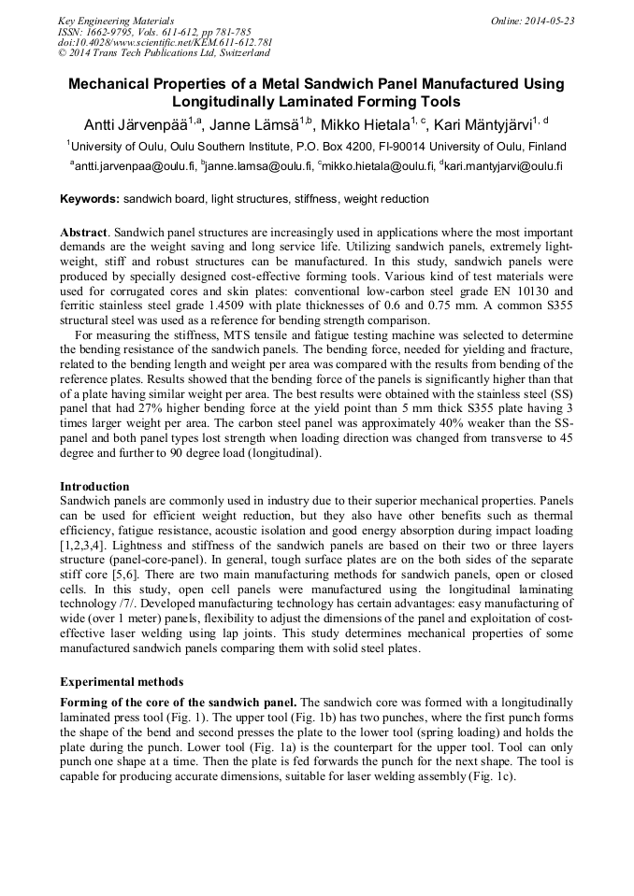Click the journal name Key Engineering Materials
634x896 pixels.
pos(115,21)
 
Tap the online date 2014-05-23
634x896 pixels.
pos(532,21)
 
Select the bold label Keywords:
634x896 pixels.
pos(90,199)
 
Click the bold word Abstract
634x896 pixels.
pos(84,231)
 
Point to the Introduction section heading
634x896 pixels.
pos(94,487)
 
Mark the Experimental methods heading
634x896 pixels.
pos(121,681)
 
